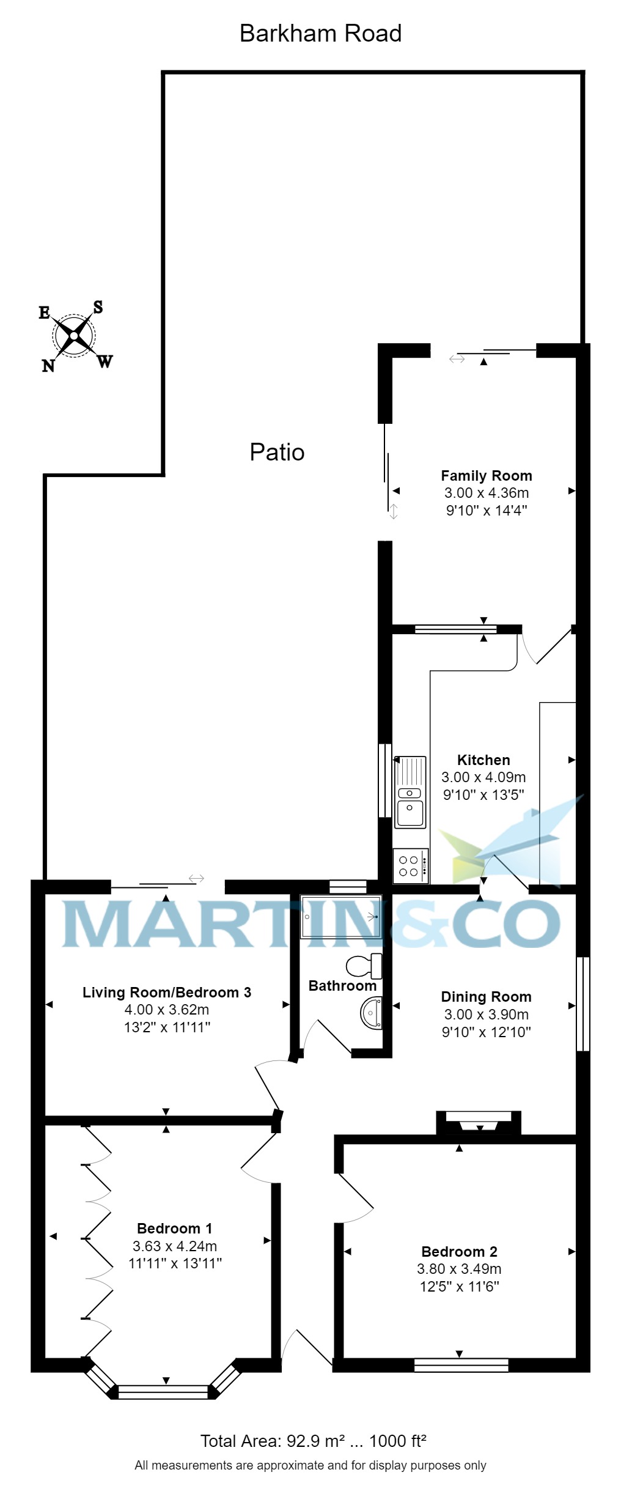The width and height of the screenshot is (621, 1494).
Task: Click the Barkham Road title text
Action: tap(320, 34)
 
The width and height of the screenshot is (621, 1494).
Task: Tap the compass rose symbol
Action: tap(74, 335)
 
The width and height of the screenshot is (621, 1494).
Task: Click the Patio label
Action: tap(277, 453)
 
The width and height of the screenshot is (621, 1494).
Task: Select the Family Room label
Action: tap(487, 476)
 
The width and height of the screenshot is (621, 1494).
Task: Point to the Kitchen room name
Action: tap(483, 760)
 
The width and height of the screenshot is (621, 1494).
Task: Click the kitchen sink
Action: tap(410, 792)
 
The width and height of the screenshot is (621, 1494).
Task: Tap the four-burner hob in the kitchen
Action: tap(410, 866)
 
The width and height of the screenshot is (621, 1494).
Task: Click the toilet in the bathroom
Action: tap(365, 966)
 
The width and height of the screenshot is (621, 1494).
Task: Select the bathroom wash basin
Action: tap(371, 1013)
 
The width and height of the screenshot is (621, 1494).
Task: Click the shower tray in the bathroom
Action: tap(341, 916)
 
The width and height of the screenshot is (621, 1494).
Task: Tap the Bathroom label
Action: tap(342, 986)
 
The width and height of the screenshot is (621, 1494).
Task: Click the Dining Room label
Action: tap(486, 997)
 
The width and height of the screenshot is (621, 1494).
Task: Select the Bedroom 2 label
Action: tap(459, 1251)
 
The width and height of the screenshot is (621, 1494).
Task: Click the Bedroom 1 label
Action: tap(174, 1229)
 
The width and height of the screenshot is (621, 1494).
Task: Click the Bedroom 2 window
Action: tap(461, 1364)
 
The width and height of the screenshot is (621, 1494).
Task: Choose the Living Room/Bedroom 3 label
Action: tap(167, 993)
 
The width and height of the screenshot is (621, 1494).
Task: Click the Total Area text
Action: tap(313, 1441)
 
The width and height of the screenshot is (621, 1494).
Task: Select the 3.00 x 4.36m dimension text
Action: tap(487, 493)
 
